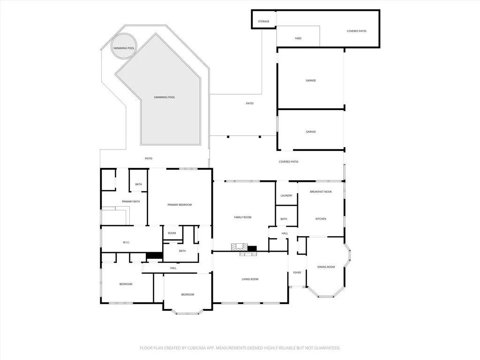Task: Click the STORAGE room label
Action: (263, 22)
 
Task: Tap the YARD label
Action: (298, 38)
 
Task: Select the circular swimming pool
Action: (124, 48)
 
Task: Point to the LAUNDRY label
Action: (286, 195)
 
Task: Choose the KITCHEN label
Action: (321, 219)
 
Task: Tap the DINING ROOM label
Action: (326, 267)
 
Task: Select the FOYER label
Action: (297, 272)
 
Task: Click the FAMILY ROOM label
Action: (243, 217)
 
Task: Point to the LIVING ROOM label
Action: (250, 279)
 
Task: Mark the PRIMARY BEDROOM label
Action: (180, 205)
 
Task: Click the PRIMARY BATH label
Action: (131, 202)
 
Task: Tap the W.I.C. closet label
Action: (126, 242)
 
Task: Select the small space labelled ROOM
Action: (172, 233)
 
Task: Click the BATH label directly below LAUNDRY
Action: (284, 219)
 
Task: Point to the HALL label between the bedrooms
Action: (173, 268)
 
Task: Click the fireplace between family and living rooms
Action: (243, 249)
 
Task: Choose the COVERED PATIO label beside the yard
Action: (356, 31)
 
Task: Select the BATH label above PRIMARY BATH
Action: (138, 184)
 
